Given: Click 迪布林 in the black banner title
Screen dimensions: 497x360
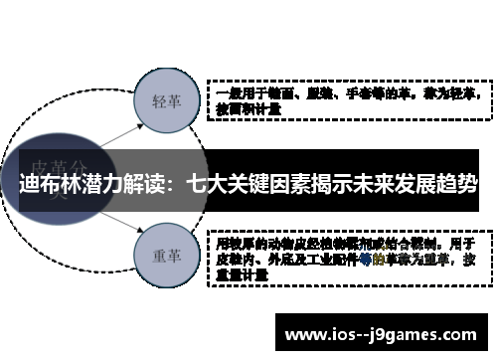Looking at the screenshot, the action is (x=44, y=184).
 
